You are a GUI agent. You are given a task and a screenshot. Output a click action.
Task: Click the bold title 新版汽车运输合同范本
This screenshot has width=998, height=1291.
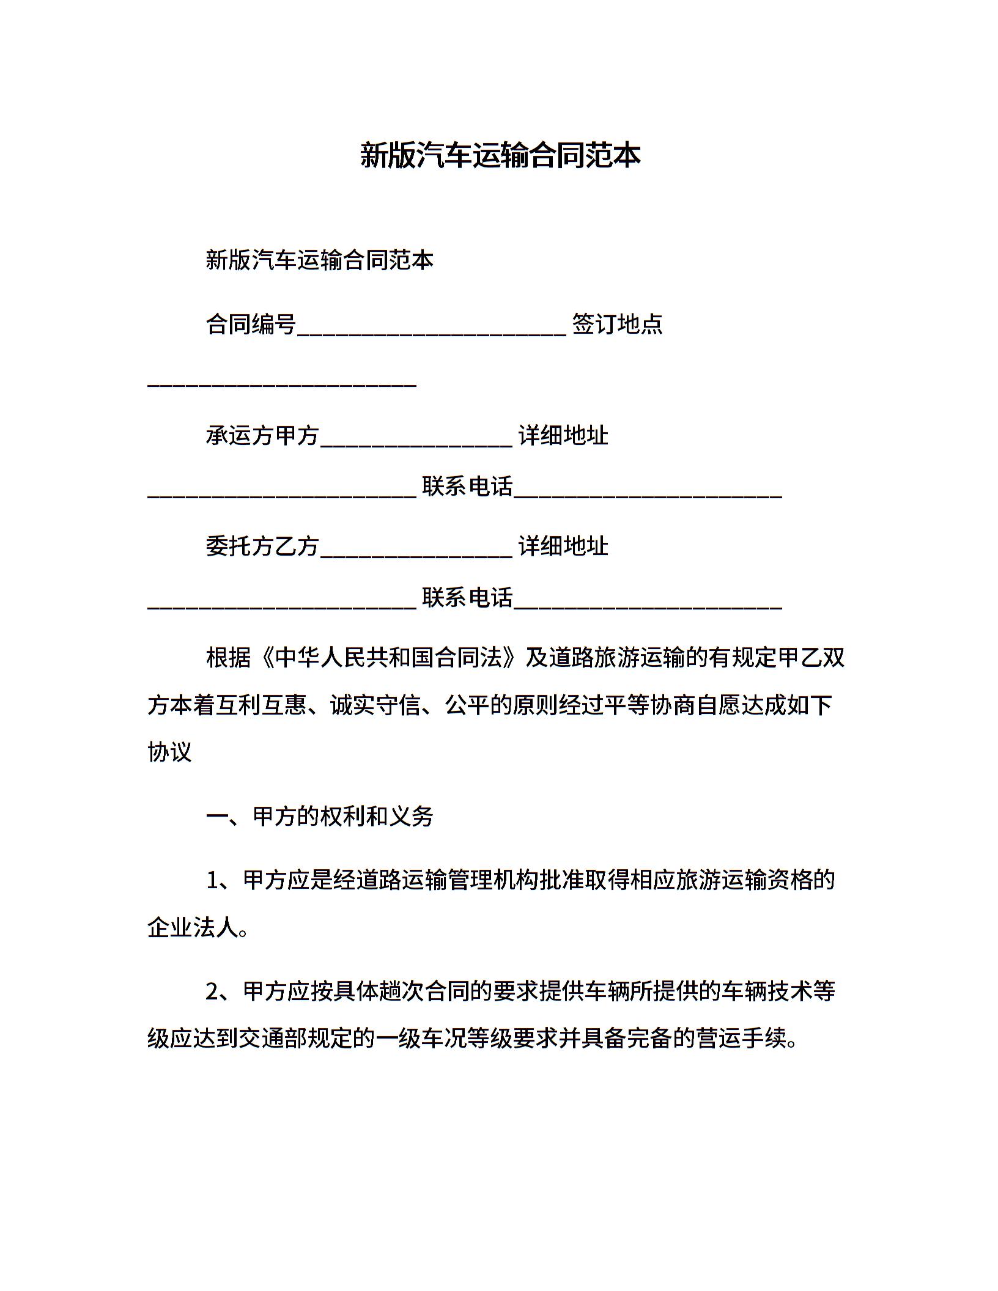[500, 155]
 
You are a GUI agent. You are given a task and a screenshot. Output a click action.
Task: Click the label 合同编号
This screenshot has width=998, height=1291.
[251, 324]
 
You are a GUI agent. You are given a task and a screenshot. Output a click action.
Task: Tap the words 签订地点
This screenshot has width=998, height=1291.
[617, 324]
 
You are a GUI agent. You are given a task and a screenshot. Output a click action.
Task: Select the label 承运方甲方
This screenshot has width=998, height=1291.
[262, 436]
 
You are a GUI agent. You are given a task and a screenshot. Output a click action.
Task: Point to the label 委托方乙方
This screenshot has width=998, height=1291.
[262, 546]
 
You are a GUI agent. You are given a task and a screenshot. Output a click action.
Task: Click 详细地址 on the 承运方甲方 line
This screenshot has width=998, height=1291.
[563, 436]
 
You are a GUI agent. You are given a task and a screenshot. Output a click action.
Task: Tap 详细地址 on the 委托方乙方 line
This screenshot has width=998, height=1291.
[563, 546]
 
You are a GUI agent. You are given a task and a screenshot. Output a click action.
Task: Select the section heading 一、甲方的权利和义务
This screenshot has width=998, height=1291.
[320, 817]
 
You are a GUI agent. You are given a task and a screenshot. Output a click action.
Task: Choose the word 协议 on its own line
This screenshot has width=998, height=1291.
[170, 752]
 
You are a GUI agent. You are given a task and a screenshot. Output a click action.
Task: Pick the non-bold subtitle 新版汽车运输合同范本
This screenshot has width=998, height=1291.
[320, 260]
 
